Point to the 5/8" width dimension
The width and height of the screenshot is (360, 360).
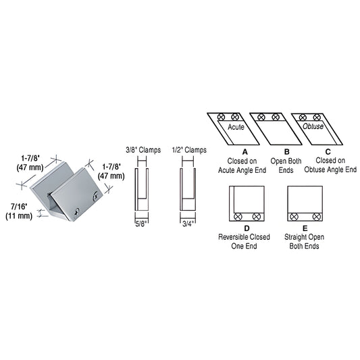(x=143, y=222)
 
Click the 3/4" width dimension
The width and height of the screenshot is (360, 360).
(x=187, y=222)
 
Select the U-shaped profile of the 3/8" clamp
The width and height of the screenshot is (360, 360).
(x=143, y=189)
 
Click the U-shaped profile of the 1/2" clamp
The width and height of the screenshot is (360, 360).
(x=187, y=189)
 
